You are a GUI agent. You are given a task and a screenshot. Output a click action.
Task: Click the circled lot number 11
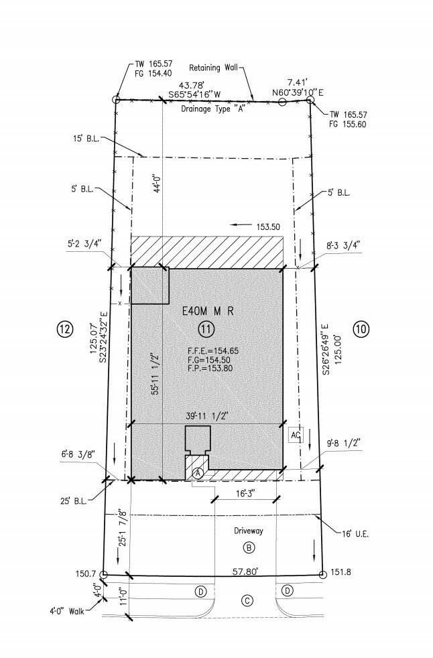click(x=206, y=330)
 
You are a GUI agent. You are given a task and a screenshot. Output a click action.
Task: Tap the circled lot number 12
click(x=65, y=329)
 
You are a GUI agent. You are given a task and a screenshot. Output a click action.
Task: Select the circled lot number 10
click(x=361, y=329)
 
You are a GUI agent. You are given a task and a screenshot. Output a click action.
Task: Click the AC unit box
click(x=296, y=435)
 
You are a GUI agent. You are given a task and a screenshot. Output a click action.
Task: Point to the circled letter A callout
click(x=198, y=473)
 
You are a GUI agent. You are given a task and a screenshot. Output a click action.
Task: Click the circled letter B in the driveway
click(x=249, y=547)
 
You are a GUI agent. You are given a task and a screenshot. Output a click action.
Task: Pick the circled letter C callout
click(x=247, y=600)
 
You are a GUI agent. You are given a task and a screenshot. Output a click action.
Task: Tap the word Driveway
click(x=249, y=531)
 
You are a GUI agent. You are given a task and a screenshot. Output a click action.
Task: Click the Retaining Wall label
click(x=213, y=68)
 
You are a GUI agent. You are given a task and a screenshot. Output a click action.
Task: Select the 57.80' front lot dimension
click(x=245, y=571)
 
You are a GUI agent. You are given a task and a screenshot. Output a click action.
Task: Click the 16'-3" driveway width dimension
click(x=246, y=493)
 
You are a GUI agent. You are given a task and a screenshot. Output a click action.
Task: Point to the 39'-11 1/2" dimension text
click(x=206, y=416)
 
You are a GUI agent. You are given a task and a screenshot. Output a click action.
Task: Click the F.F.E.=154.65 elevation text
click(x=213, y=351)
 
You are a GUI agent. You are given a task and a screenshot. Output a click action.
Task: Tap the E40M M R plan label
click(x=208, y=311)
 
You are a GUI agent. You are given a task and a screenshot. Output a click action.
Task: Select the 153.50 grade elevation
click(x=268, y=226)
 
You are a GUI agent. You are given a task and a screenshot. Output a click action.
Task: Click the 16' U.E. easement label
click(x=355, y=534)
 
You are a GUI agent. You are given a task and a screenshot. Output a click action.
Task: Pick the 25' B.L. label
click(x=74, y=501)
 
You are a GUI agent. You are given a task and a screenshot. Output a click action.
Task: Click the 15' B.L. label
click(x=86, y=139)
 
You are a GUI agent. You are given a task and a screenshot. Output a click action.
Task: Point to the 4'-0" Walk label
click(x=67, y=611)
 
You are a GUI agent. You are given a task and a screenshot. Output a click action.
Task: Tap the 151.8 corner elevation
click(x=341, y=572)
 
